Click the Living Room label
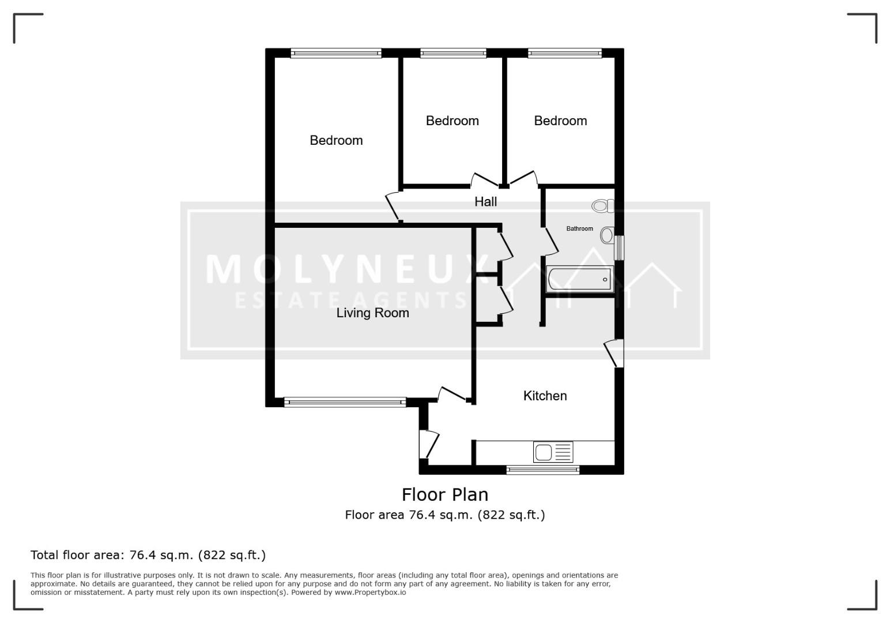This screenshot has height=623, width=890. pos(373,313)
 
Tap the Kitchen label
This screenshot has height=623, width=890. pos(545,396)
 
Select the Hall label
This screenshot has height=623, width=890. pos(485,201)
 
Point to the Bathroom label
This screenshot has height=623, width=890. pos(579,228)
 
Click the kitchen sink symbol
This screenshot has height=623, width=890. pos(553,452)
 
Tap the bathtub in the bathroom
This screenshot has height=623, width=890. pos(579,279)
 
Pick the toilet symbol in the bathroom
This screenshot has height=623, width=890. pos(602,206)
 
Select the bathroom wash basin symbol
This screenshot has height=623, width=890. pos(607,235)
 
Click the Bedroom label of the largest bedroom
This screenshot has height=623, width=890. pos(336,140)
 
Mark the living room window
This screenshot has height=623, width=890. pos(345,402)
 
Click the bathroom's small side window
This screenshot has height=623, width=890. pos(619,247)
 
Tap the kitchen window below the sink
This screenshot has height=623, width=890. pos(543,470)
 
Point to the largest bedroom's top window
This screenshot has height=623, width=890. pos(335,53)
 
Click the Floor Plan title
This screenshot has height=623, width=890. pos(445,495)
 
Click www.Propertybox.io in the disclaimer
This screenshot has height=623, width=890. pos(370,592)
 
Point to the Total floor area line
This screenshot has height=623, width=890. pos(148,555)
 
